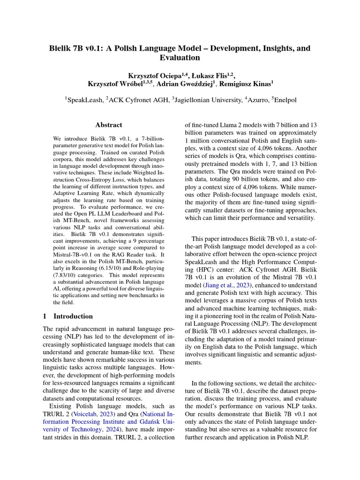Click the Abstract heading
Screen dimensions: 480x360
(108, 125)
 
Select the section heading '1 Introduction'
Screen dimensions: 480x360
(67, 316)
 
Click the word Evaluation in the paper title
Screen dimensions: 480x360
(180, 58)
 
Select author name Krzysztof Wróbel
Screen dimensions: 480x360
(118, 84)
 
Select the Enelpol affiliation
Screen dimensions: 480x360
(285, 99)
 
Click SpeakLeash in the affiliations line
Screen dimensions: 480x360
(83, 99)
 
